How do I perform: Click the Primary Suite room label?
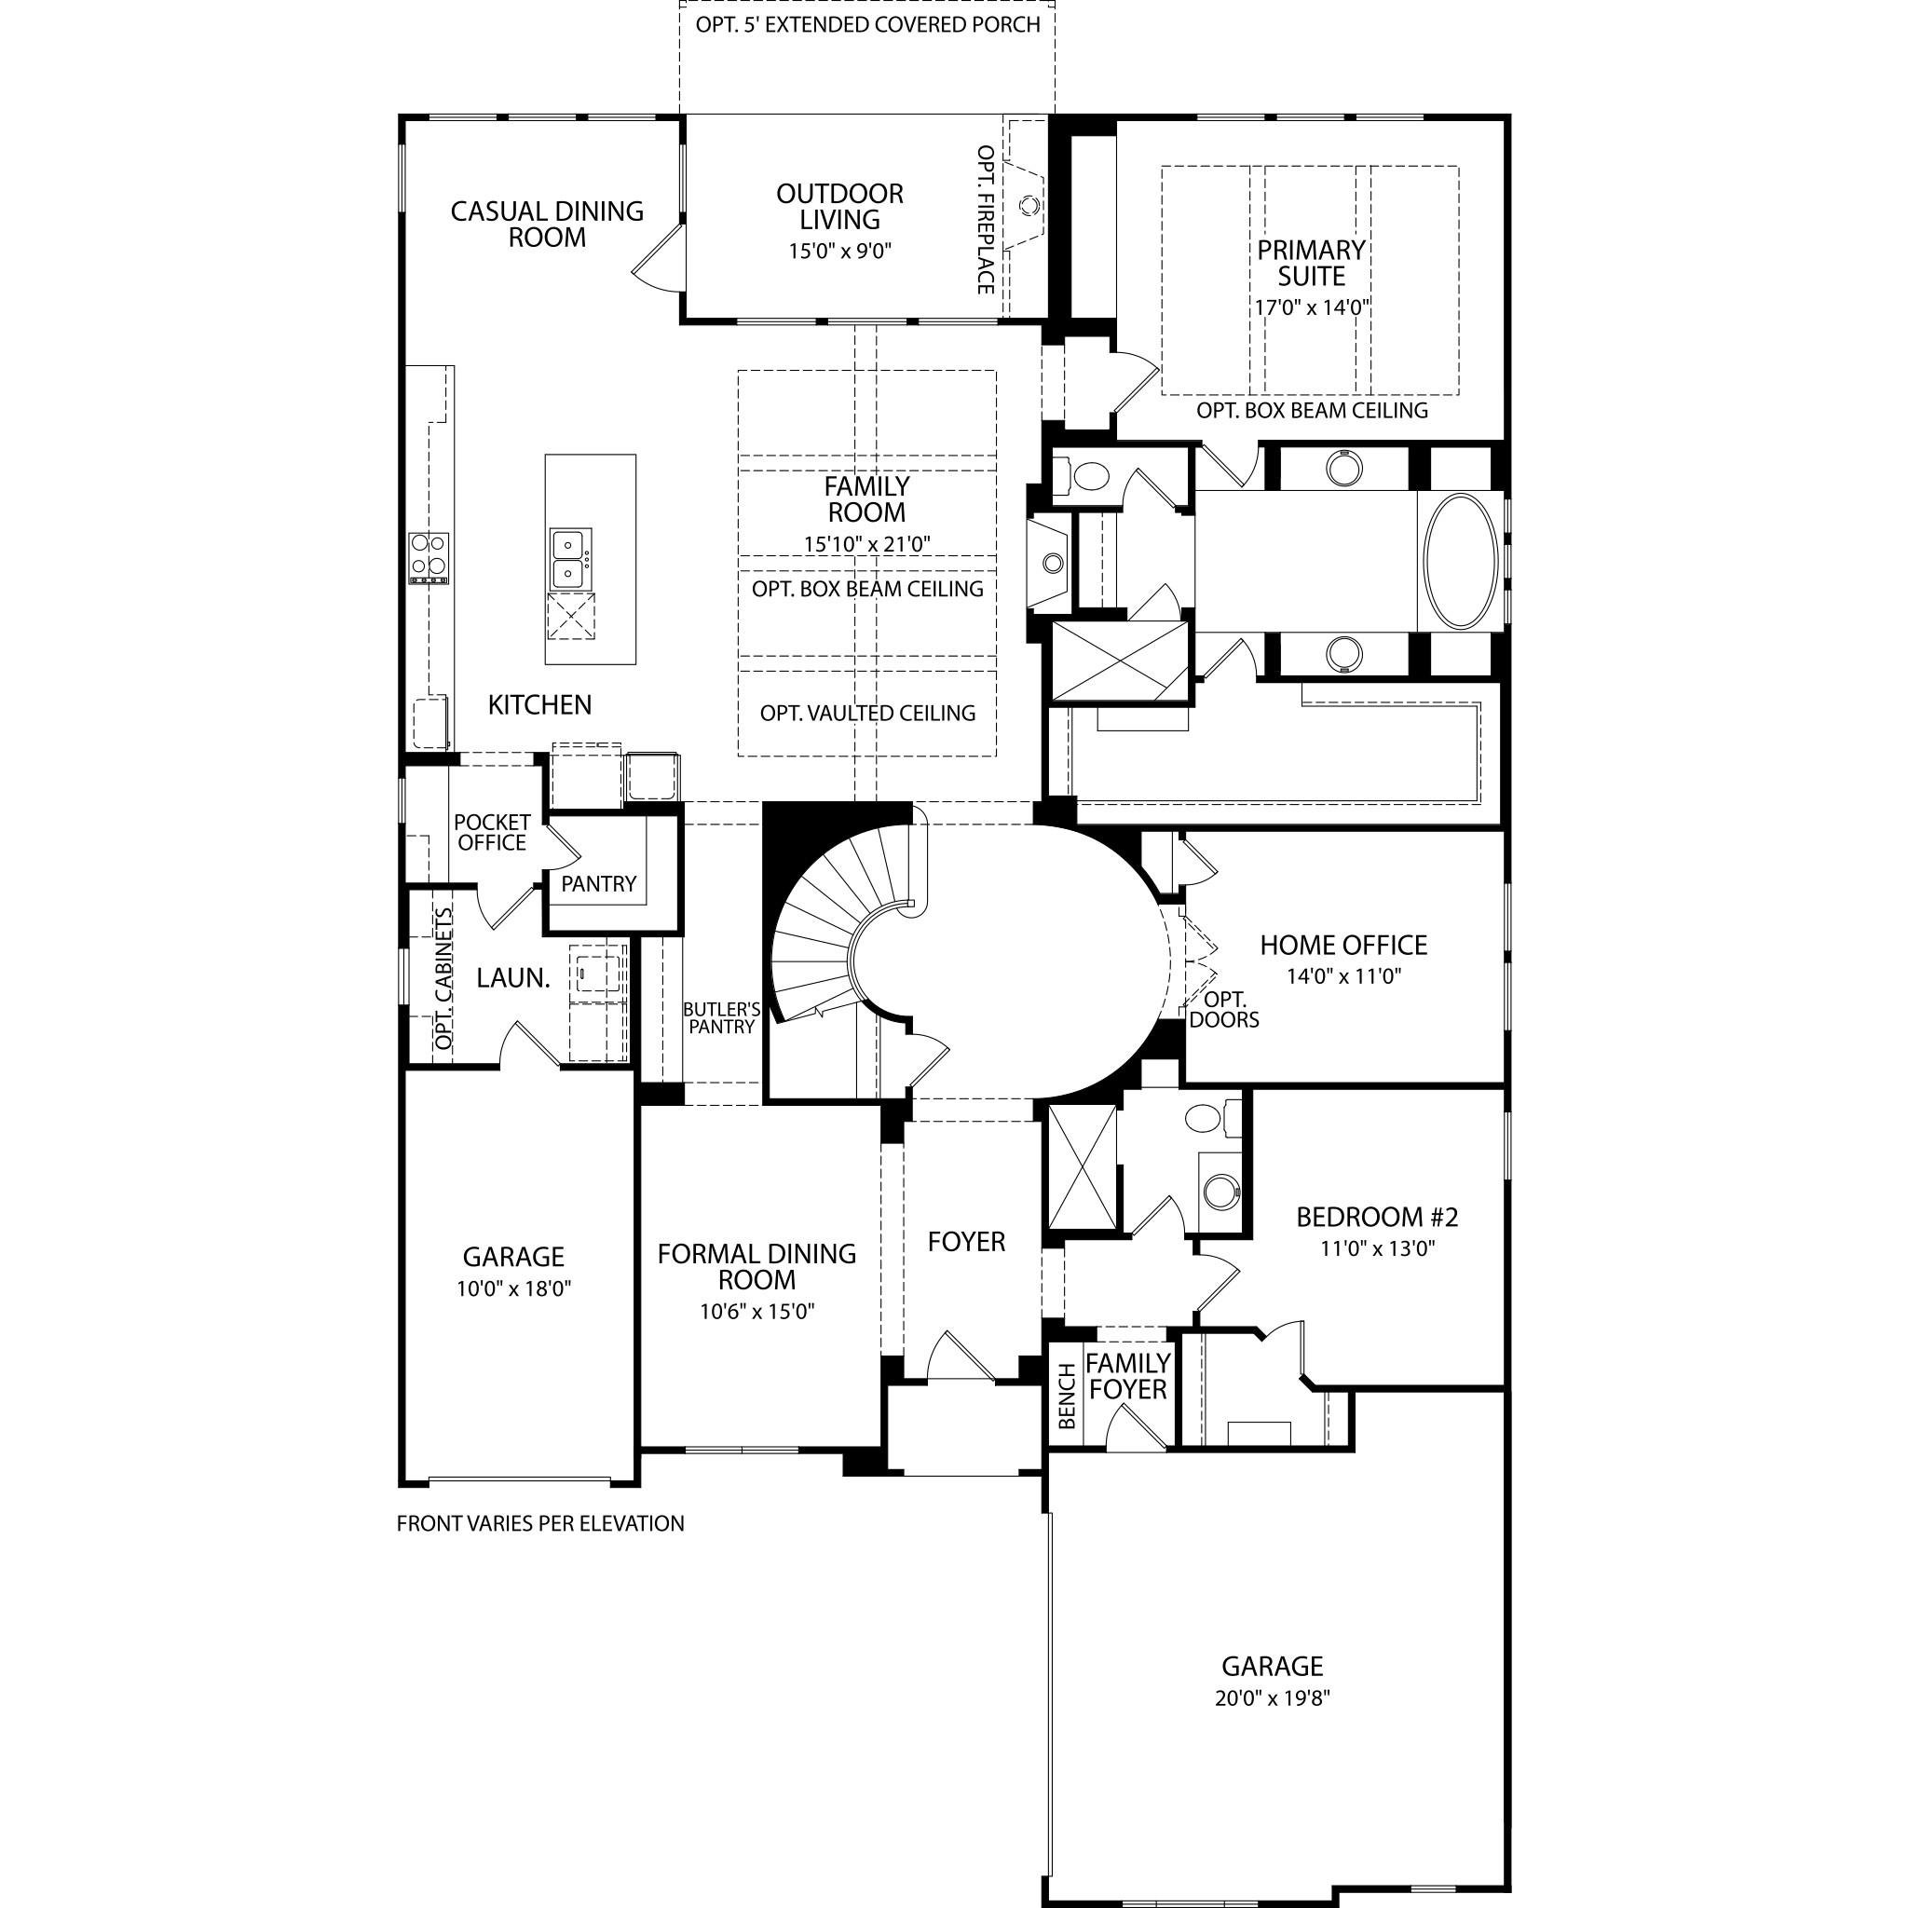(1311, 263)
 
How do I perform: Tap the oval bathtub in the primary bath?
(1463, 560)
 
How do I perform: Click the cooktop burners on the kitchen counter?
(429, 558)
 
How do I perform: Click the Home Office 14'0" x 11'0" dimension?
(1343, 976)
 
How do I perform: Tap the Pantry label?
(598, 884)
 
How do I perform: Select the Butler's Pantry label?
(722, 1018)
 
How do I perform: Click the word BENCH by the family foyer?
(1067, 1397)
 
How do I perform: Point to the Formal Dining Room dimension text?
(757, 1312)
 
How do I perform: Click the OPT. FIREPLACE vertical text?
(986, 219)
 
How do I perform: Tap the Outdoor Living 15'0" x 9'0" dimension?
(839, 251)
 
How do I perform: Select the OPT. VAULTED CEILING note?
(867, 713)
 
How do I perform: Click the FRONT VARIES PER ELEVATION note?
(540, 1524)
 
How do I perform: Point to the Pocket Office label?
(492, 833)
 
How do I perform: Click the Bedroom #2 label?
(1377, 1217)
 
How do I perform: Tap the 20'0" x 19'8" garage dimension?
(1272, 1698)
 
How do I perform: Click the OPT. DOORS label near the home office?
(1223, 1009)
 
